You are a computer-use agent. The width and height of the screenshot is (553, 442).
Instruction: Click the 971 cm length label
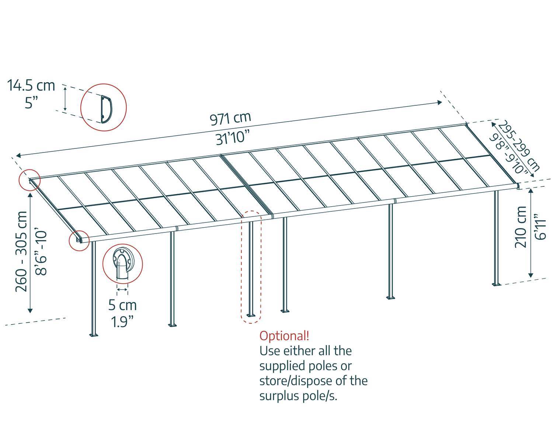pyautogui.click(x=230, y=119)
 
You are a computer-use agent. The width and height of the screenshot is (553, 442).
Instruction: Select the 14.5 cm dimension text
pyautogui.click(x=31, y=86)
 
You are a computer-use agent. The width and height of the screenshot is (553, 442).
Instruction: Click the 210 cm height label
pyautogui.click(x=522, y=226)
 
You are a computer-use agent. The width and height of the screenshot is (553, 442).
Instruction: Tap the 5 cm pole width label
pyautogui.click(x=122, y=305)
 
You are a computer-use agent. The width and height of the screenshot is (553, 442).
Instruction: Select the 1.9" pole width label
pyautogui.click(x=122, y=322)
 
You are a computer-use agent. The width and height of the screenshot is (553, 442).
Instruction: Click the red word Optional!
pyautogui.click(x=284, y=336)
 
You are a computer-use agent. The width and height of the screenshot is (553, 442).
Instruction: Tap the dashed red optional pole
pyautogui.click(x=251, y=267)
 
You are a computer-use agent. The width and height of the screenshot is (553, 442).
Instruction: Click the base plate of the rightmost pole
pyautogui.click(x=497, y=284)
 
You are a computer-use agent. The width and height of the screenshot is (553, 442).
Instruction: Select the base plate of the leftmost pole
pyautogui.click(x=93, y=335)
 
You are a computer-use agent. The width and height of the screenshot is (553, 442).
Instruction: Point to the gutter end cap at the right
pyautogui.click(x=518, y=187)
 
